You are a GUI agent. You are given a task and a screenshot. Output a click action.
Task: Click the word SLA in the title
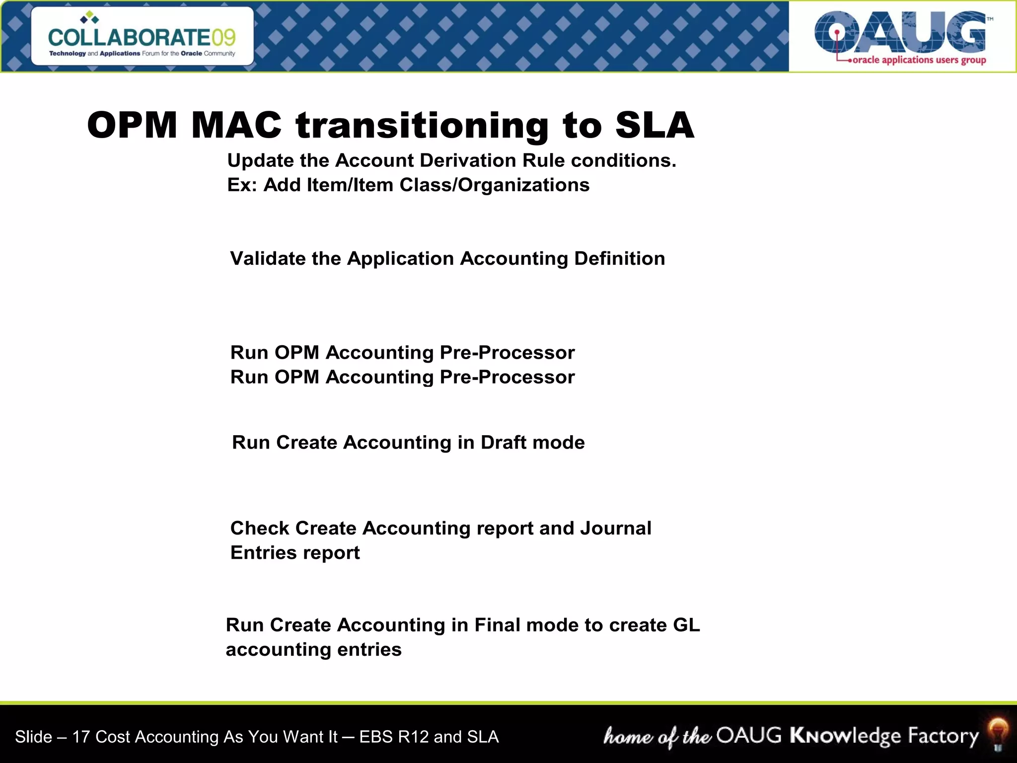point(654,125)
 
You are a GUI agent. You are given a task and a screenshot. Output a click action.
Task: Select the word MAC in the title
point(236,125)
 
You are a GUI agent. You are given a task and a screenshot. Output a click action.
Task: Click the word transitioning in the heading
point(422,125)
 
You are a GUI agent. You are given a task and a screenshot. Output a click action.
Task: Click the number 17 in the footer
point(81,737)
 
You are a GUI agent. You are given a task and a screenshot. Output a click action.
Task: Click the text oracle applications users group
point(919,60)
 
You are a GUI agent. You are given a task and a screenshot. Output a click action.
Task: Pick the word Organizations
point(523,185)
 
